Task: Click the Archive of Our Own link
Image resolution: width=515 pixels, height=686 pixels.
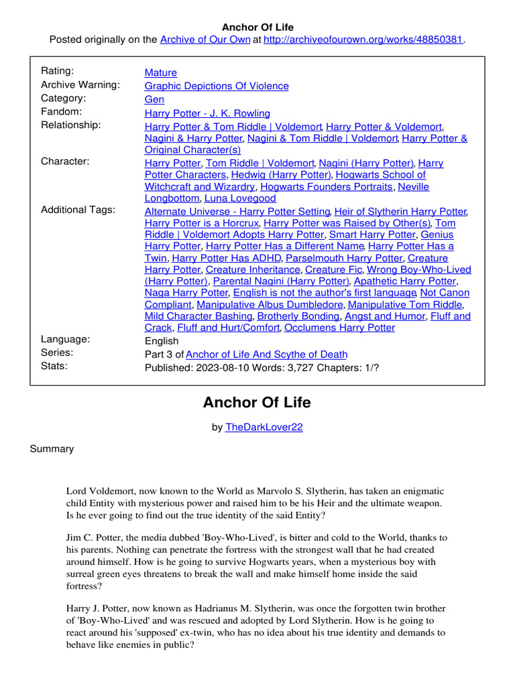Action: [x=205, y=40]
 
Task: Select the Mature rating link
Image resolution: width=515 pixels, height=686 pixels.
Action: [x=161, y=72]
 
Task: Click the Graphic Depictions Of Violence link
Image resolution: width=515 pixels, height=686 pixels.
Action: [x=217, y=86]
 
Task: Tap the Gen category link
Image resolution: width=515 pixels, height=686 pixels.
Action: [x=154, y=99]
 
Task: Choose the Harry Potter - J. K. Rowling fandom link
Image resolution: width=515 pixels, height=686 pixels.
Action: [x=207, y=113]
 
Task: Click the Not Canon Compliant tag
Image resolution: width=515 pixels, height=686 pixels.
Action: [x=445, y=293]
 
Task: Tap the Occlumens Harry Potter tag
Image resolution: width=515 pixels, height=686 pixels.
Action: [x=339, y=328]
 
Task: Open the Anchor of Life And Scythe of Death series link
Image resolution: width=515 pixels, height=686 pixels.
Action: [x=266, y=354]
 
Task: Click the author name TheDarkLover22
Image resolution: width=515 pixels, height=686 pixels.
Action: [x=264, y=427]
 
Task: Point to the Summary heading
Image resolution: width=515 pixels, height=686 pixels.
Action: [x=52, y=449]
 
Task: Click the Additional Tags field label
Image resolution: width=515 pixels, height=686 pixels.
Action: [x=78, y=210]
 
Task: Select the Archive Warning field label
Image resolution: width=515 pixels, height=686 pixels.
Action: [x=80, y=84]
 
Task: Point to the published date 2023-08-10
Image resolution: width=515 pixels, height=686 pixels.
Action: [x=222, y=367]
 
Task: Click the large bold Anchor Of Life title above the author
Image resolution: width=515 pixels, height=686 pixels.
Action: [x=257, y=403]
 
